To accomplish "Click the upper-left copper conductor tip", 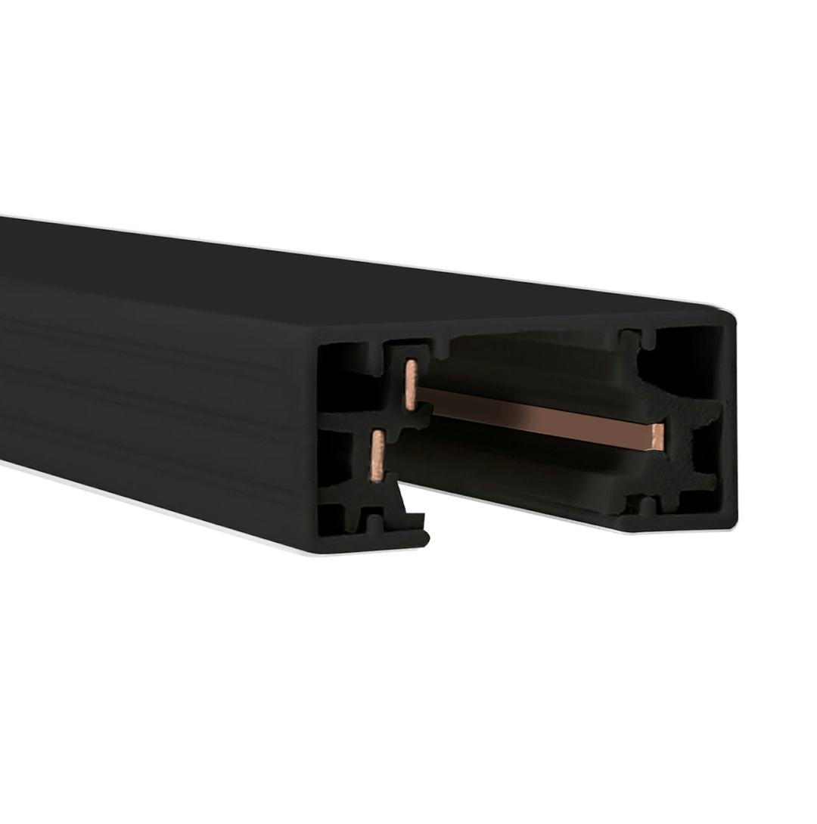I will (411, 386).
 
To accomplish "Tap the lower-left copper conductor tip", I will (377, 456).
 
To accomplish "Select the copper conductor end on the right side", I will (657, 437).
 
